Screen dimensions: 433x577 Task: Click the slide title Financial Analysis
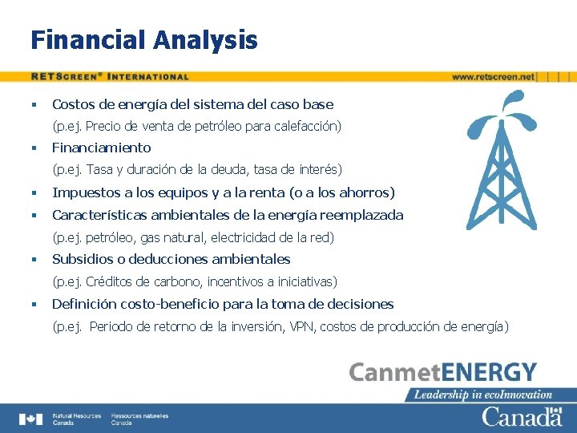click(144, 39)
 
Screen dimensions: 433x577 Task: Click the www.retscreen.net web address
click(493, 77)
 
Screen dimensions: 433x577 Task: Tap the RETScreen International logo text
click(110, 77)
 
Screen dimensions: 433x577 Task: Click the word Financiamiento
click(101, 148)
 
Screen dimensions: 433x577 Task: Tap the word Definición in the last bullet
click(81, 304)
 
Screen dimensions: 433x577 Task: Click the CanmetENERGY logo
click(442, 373)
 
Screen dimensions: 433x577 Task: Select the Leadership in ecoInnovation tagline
click(483, 395)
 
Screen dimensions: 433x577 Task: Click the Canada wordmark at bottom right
click(522, 417)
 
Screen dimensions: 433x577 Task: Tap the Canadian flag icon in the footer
click(31, 419)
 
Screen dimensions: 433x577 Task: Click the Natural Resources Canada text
click(76, 419)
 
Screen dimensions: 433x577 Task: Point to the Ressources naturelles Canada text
click(139, 419)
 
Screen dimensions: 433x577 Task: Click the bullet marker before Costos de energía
click(34, 104)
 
